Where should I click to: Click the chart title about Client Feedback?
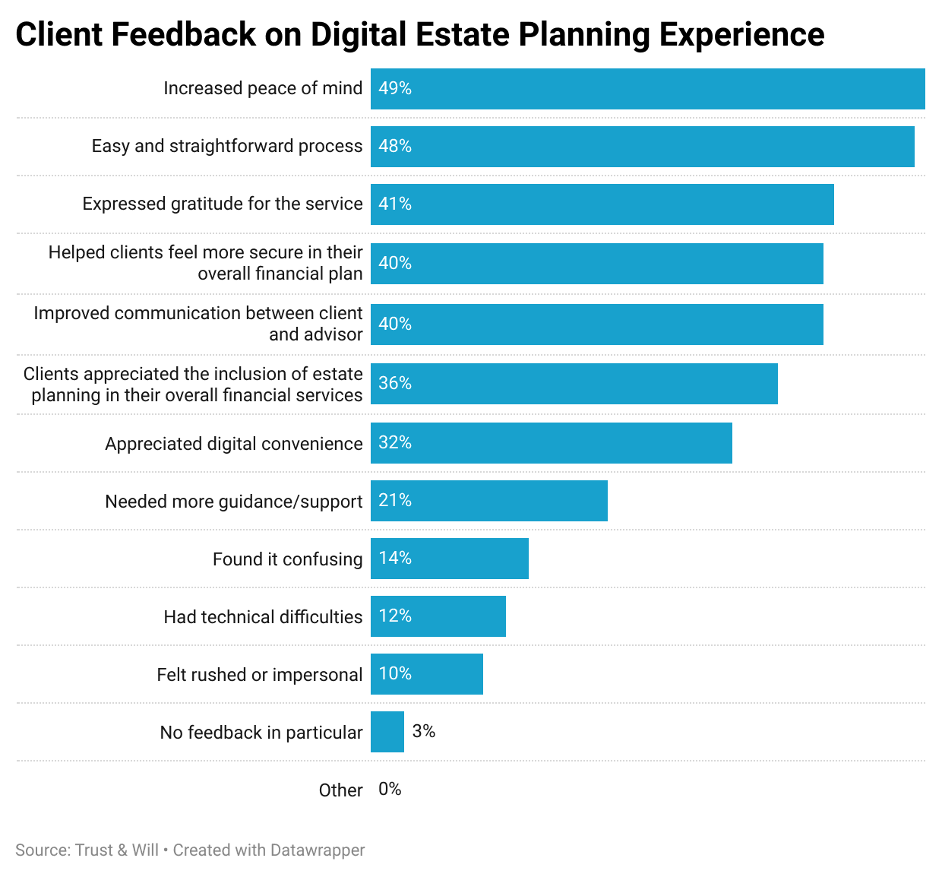click(419, 35)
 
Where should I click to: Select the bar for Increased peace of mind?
click(647, 89)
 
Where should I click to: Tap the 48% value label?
click(395, 146)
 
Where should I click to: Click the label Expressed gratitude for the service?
click(223, 204)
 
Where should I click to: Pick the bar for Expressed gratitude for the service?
click(602, 204)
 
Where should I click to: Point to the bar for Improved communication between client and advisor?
click(596, 325)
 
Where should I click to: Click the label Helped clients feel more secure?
click(205, 263)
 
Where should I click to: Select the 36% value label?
click(395, 383)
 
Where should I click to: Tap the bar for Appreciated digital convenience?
click(551, 443)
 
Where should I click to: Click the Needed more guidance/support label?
click(234, 502)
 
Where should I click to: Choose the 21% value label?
click(395, 500)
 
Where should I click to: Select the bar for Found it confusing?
click(449, 559)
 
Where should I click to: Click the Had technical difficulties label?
click(263, 616)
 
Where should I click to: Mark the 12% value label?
click(395, 616)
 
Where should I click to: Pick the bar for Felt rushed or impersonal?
click(426, 674)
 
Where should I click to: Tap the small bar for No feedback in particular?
click(387, 732)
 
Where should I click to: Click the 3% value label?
click(423, 731)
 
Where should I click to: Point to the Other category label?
click(340, 790)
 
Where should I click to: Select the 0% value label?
click(390, 789)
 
